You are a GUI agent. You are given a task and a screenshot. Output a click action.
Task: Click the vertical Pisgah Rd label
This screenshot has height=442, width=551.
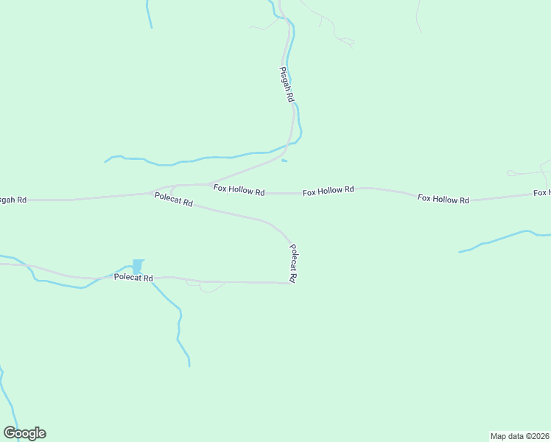point(287,84)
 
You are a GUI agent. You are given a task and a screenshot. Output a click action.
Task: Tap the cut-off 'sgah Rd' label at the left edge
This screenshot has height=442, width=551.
point(13,200)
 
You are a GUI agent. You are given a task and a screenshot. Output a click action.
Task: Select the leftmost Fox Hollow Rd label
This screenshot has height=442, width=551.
point(239,189)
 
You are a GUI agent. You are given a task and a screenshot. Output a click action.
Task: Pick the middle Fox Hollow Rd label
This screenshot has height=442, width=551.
point(328,190)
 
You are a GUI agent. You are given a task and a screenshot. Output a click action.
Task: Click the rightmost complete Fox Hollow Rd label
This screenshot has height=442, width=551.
point(443,199)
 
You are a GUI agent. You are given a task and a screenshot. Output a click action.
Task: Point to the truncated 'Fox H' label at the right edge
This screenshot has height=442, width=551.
point(541,193)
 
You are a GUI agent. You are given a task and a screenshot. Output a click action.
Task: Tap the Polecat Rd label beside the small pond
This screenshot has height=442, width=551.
point(133,278)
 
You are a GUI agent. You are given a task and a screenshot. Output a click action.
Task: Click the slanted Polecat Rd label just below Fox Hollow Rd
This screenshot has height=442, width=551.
point(173,199)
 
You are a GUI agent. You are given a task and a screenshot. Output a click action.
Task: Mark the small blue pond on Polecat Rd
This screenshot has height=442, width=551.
point(138,265)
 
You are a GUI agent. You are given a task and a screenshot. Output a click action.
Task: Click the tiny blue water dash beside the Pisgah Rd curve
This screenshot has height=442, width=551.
point(284,161)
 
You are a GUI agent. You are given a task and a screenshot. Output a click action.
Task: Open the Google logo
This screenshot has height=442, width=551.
point(24,433)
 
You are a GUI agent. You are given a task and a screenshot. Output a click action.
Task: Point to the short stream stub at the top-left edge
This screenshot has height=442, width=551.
point(149,15)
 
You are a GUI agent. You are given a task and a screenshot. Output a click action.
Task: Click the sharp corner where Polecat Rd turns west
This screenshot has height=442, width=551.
point(291,283)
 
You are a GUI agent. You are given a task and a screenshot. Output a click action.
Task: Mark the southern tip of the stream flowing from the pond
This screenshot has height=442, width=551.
point(189,365)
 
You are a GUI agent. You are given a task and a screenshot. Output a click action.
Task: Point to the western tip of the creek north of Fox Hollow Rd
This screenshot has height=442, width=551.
point(105,161)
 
